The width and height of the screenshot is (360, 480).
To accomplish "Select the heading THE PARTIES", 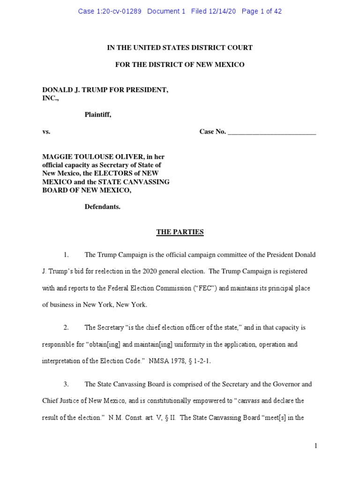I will [180, 232].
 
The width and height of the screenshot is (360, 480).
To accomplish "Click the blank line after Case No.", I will [272, 132].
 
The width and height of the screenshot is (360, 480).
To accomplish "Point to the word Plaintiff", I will [97, 114].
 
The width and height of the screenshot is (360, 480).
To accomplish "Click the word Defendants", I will [102, 207].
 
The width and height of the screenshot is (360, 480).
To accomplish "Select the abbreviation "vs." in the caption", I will [46, 132].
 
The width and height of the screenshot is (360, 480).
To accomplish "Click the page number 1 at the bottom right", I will [316, 446].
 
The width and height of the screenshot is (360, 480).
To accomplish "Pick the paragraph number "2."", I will [66, 327].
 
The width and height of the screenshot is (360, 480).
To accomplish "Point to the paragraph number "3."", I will [66, 384].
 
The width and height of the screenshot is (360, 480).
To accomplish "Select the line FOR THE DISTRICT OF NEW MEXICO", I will [180, 64].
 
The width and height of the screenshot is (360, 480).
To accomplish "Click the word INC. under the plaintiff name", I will [50, 97].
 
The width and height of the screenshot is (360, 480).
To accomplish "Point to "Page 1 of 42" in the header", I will [262, 11].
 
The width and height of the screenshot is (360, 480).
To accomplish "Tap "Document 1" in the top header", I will [166, 11].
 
